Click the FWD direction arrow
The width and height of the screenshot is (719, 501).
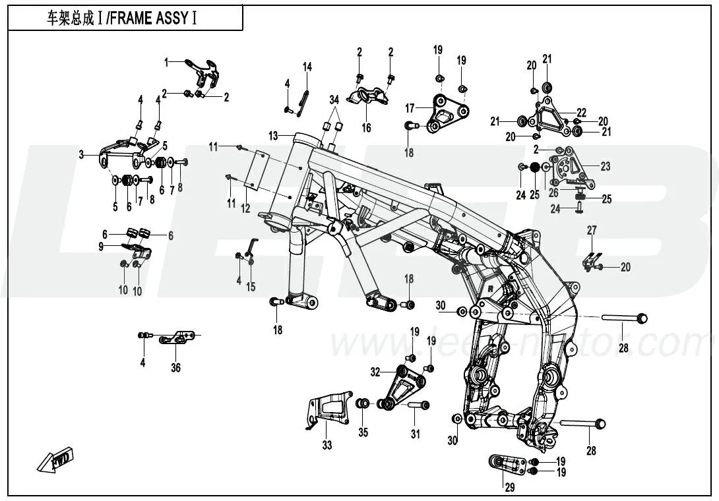(x=55, y=459)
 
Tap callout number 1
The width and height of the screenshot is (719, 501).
(x=167, y=63)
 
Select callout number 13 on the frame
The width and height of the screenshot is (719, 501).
(x=273, y=135)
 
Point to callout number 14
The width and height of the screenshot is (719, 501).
(x=307, y=67)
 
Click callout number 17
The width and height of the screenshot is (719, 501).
(x=410, y=107)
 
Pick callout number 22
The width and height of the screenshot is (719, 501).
(x=581, y=111)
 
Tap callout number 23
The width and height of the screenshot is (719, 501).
(x=605, y=167)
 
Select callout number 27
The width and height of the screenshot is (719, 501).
(x=592, y=230)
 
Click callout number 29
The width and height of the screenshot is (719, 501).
(x=509, y=487)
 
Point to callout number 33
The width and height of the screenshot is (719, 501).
(x=327, y=446)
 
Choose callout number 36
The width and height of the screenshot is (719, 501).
(x=175, y=368)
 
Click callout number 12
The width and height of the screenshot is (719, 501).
(x=245, y=208)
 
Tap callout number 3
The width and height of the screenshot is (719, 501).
(x=82, y=156)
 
